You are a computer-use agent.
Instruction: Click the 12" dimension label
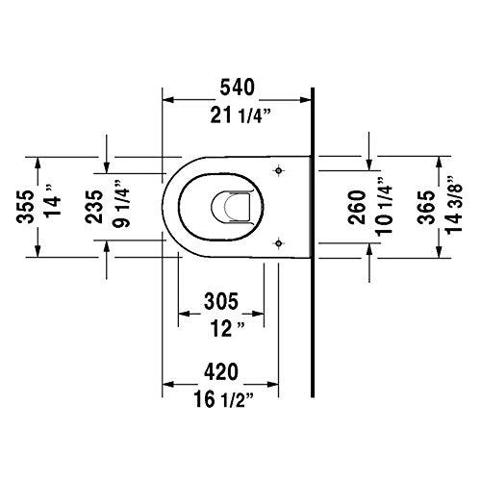coord(220,330)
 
